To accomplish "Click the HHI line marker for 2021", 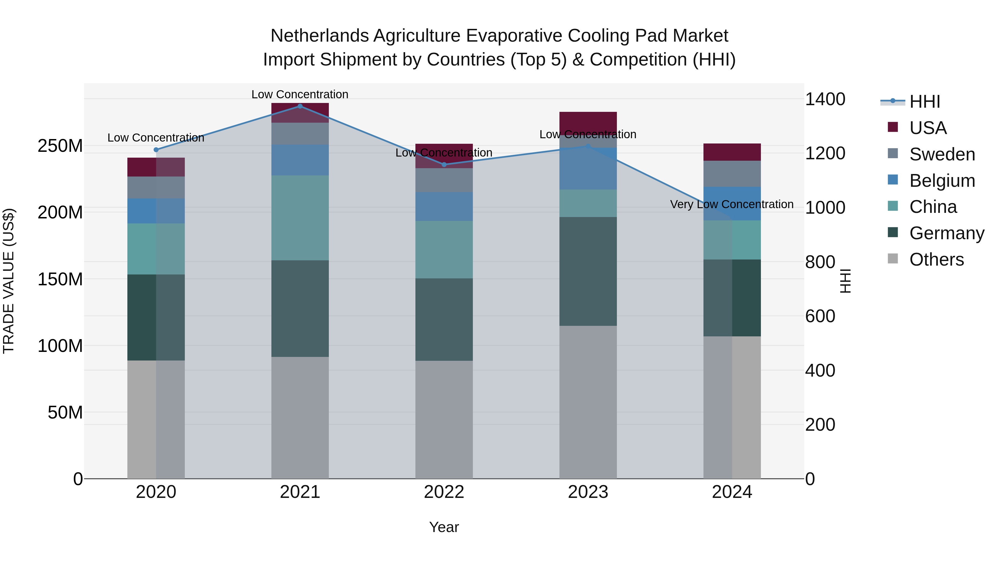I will (x=300, y=106).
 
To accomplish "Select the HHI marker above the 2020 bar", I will (x=156, y=150).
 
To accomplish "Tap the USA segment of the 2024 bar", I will (x=732, y=152).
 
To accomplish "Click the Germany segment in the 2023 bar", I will (x=588, y=271).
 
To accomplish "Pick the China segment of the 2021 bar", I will (x=300, y=218).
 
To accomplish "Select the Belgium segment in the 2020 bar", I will (x=156, y=211).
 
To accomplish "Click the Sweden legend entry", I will (x=942, y=154).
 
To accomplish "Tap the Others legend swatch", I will (x=893, y=259).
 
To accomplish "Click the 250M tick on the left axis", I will (x=60, y=146).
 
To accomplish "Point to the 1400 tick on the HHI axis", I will (x=825, y=99).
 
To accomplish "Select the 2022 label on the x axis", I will (x=444, y=492).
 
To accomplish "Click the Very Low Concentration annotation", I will (x=731, y=204).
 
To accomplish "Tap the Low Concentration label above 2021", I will (x=300, y=94).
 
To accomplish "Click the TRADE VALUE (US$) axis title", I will (x=9, y=281).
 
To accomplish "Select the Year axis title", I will (x=444, y=527).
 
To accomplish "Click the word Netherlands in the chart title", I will (x=319, y=36).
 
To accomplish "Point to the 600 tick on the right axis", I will (x=820, y=316).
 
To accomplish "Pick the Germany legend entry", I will (x=946, y=233).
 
